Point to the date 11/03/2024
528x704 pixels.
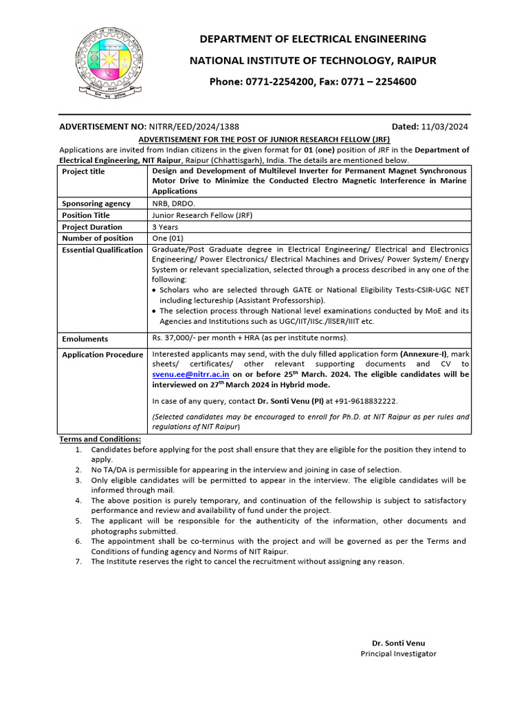coord(445,127)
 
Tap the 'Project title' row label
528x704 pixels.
coord(83,171)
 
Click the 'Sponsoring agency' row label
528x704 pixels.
coord(96,204)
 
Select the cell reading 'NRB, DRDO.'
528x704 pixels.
coord(173,204)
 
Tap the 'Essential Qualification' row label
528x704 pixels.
coord(102,250)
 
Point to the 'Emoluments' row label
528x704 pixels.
coord(85,339)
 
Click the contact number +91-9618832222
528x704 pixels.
coord(364,401)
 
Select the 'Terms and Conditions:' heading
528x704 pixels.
coord(100,439)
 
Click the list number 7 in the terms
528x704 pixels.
coord(78,562)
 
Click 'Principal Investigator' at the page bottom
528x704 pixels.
coord(398,654)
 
